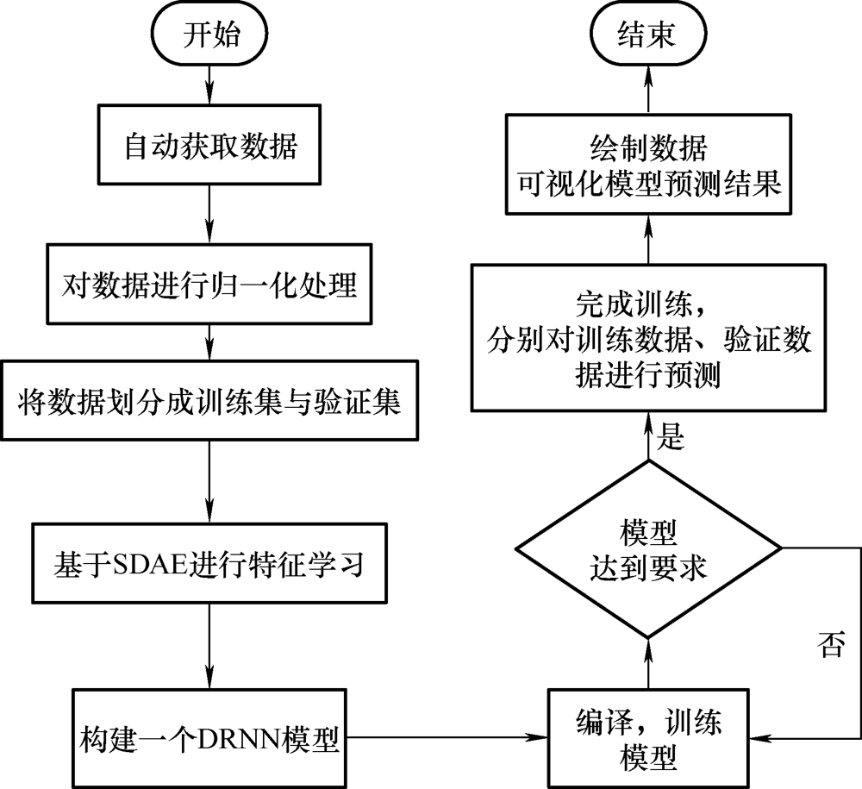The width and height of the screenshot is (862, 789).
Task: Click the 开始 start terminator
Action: coord(209,34)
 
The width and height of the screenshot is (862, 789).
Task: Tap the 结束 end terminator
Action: coord(648,34)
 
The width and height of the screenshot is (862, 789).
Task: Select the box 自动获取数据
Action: coord(209,145)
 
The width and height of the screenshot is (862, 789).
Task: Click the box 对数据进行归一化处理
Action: coord(209,284)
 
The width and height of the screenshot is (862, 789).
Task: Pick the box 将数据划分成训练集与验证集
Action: coord(209,400)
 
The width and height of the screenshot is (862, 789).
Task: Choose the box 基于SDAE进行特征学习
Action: coord(209,563)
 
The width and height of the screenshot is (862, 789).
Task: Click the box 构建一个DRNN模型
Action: coord(209,738)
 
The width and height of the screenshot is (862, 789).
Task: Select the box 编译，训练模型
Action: coord(648,738)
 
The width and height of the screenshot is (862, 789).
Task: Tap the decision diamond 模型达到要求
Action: coord(648,548)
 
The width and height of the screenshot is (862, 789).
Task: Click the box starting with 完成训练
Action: coord(648,338)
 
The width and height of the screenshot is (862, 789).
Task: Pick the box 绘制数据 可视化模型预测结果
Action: coord(648,164)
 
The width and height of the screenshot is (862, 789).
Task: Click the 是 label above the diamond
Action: coord(671,436)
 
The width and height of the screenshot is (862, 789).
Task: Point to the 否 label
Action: coord(831,644)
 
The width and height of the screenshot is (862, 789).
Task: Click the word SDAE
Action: coord(151,564)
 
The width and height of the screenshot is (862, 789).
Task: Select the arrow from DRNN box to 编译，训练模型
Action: coord(447,737)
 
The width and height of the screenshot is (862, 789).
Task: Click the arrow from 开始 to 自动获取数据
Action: coord(209,85)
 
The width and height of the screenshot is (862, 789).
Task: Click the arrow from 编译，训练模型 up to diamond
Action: coord(648,664)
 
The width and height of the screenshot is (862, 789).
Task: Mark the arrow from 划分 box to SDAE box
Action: coord(209,482)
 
